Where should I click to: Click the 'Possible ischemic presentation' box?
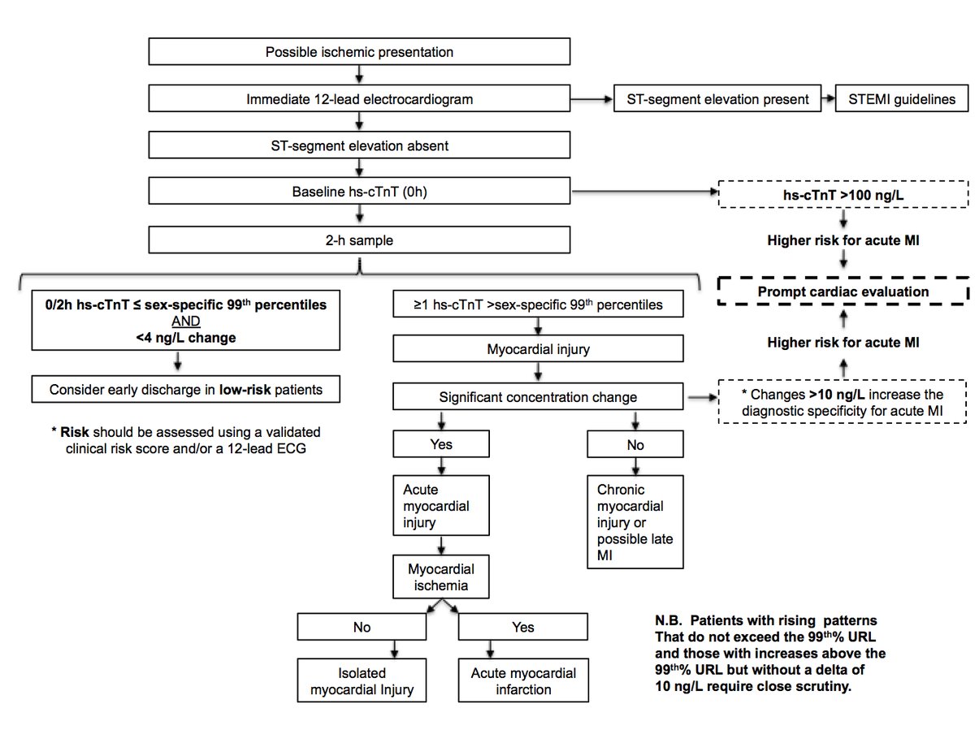359,53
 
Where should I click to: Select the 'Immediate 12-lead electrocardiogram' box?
359,100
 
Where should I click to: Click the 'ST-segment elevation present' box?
717,100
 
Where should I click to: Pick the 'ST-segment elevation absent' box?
359,147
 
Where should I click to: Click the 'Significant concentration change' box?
538,397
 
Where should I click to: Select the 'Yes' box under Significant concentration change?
441,444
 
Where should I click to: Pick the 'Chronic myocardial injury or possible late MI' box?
635,521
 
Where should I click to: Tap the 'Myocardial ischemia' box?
441,577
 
